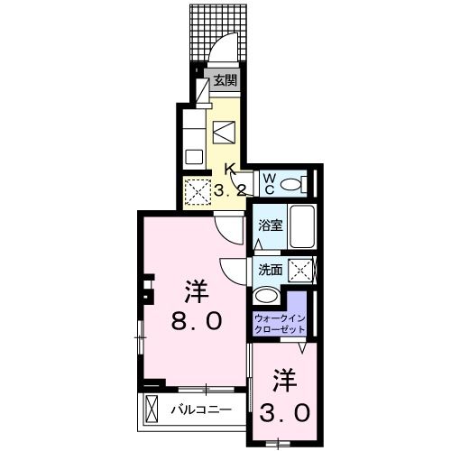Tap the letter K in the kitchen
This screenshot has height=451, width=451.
tap(231, 169)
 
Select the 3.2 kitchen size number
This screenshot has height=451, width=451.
tap(231, 189)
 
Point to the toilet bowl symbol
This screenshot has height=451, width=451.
tap(290, 184)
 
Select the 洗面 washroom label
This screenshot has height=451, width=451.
tap(270, 269)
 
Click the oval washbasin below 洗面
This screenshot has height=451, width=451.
tap(268, 296)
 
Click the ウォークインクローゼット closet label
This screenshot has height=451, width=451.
tap(281, 322)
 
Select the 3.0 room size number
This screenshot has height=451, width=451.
tap(285, 411)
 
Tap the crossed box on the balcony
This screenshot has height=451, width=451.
tap(151, 410)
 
